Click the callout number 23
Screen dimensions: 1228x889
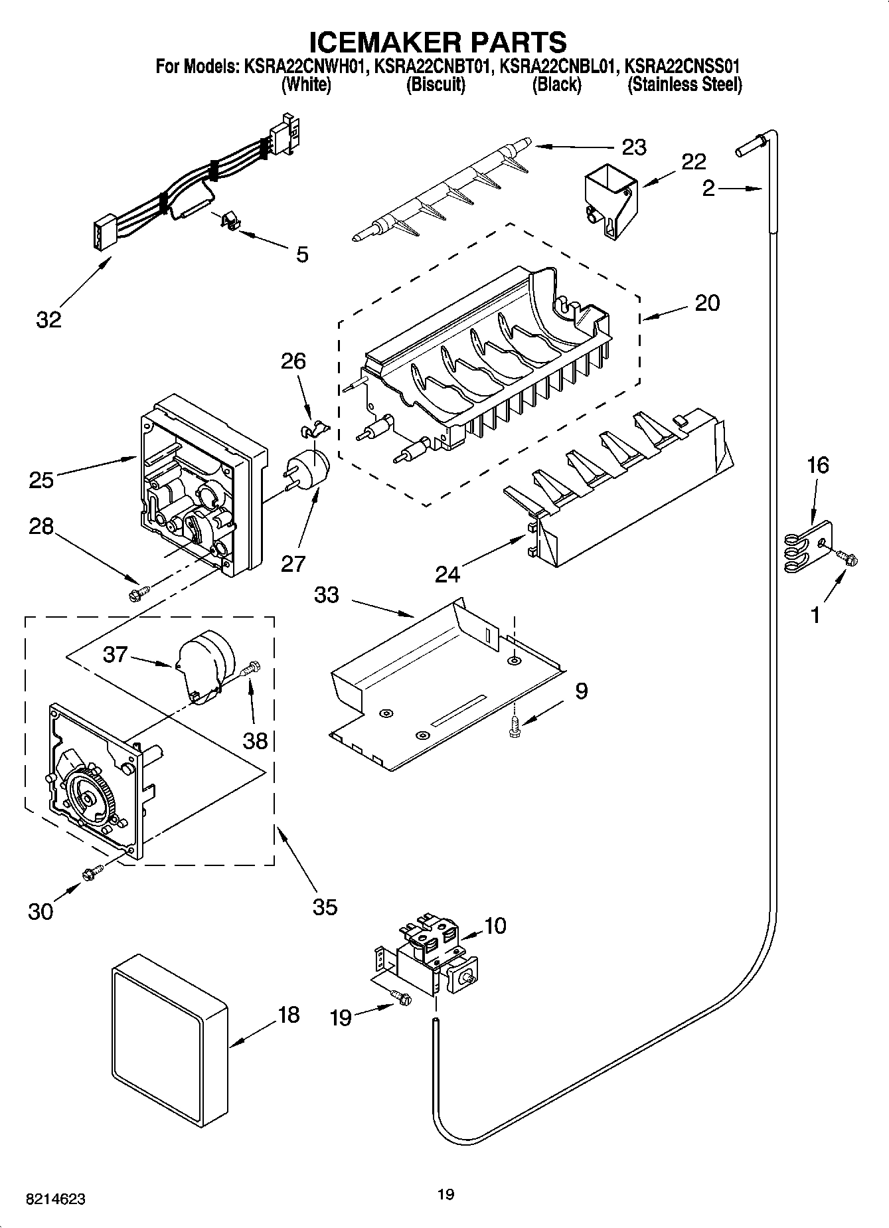point(633,146)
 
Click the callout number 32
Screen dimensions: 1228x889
point(48,319)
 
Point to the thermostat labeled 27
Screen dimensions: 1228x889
point(309,468)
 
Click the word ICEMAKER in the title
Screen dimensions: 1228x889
point(383,42)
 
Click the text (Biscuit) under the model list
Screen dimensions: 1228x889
point(436,85)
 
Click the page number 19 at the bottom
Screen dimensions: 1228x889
point(446,1195)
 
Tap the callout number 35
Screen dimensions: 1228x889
point(325,907)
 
